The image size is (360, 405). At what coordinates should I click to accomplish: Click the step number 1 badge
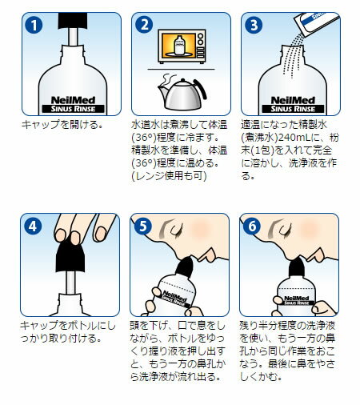point(34,25)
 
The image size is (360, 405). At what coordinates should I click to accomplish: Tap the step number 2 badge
point(144,25)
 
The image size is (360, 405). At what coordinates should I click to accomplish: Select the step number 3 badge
point(254,25)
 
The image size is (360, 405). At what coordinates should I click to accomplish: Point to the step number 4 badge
point(33,227)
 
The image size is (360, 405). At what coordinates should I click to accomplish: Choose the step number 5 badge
point(143,227)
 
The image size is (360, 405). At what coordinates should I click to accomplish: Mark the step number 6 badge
point(252,227)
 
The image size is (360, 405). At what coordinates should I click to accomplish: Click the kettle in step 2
point(182,92)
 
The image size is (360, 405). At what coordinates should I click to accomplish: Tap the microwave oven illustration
point(182,46)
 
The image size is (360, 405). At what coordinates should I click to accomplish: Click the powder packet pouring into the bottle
point(317,25)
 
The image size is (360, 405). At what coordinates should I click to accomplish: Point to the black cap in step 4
point(70,255)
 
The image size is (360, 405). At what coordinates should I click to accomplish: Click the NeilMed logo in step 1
point(73,100)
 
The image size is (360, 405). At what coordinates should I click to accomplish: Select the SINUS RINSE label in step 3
point(293,109)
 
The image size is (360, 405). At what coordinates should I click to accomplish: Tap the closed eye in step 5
point(174,229)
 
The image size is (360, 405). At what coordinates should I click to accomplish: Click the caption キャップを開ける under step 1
point(62,125)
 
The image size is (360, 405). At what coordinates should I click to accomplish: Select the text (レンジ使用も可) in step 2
point(169,176)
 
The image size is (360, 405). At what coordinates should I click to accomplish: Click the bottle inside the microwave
point(179,45)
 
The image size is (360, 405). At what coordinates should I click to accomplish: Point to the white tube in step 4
point(70,283)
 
